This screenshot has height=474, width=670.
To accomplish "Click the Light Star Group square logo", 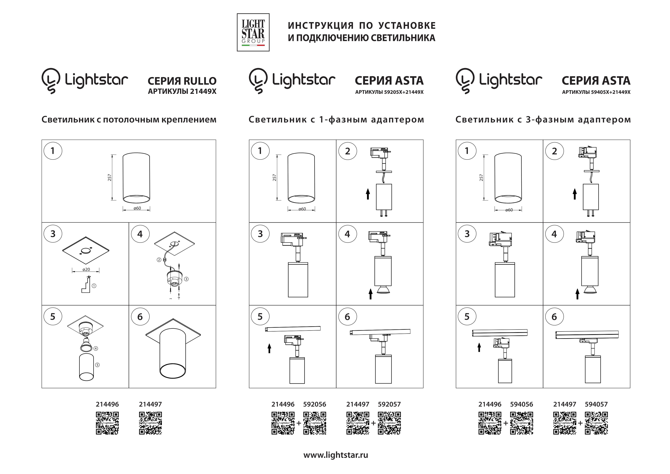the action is tap(253, 32).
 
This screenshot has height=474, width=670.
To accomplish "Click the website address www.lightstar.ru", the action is tap(336, 455).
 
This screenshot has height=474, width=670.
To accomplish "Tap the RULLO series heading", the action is tap(182, 81).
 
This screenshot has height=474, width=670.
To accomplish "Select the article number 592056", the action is tap(315, 404).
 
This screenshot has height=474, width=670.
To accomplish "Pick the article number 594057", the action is tap(596, 404).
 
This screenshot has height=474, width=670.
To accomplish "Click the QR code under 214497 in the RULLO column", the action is tap(150, 423).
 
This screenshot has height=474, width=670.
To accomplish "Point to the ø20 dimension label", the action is tap(86, 269).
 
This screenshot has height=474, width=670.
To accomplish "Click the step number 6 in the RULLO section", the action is tap(140, 317).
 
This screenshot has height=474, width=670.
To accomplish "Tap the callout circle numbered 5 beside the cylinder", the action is tap(97, 365).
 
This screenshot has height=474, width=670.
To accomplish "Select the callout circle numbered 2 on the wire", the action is tap(159, 260).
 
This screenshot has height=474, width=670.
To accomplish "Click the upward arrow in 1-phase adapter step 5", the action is tap(269, 348).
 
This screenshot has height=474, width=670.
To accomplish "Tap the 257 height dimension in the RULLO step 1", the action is tap(110, 177).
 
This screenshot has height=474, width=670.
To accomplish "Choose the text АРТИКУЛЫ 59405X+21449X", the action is tap(596, 92).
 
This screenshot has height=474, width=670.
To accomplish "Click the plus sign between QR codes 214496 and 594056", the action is tap(506, 423).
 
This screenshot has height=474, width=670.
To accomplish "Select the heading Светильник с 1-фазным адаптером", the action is tap(336, 119).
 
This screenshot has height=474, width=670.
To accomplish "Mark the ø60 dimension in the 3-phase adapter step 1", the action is tap(509, 210).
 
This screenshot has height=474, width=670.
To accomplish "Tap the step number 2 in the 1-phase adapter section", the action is tap(348, 151).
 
